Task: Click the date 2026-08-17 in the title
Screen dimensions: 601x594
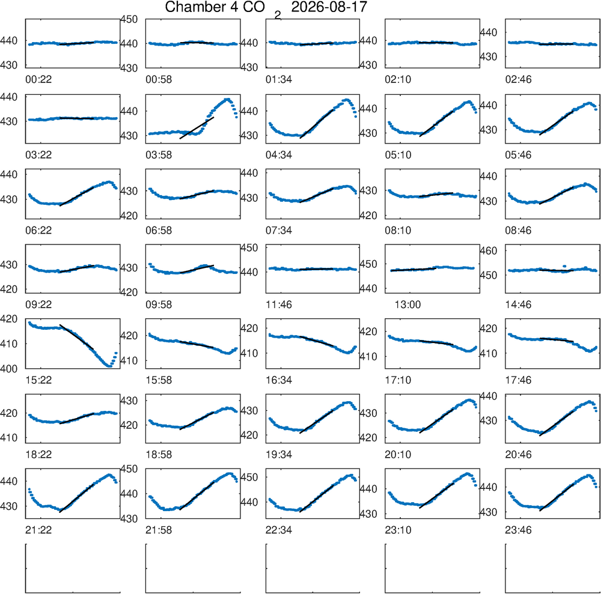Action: (329, 7)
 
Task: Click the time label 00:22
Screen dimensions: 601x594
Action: (38, 80)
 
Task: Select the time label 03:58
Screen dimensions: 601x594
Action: (159, 155)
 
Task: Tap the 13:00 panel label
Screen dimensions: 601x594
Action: (407, 305)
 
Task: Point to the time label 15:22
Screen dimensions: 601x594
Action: (38, 380)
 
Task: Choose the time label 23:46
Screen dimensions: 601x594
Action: (518, 530)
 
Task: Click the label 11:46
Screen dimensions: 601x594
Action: (279, 305)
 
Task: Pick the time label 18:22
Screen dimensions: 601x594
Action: (38, 455)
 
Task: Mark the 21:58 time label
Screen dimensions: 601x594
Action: (159, 530)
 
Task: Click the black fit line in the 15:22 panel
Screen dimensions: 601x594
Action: (77, 337)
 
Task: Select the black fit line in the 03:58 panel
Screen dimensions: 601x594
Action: (197, 127)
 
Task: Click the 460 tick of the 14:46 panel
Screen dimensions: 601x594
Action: (488, 251)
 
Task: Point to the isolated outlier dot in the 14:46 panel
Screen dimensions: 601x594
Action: (564, 266)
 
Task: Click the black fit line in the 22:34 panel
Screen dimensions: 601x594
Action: (317, 499)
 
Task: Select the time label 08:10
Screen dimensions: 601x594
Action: (398, 231)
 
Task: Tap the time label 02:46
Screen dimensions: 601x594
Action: (518, 80)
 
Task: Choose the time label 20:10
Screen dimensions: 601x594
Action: (398, 455)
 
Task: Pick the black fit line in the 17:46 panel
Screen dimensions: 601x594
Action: (557, 340)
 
